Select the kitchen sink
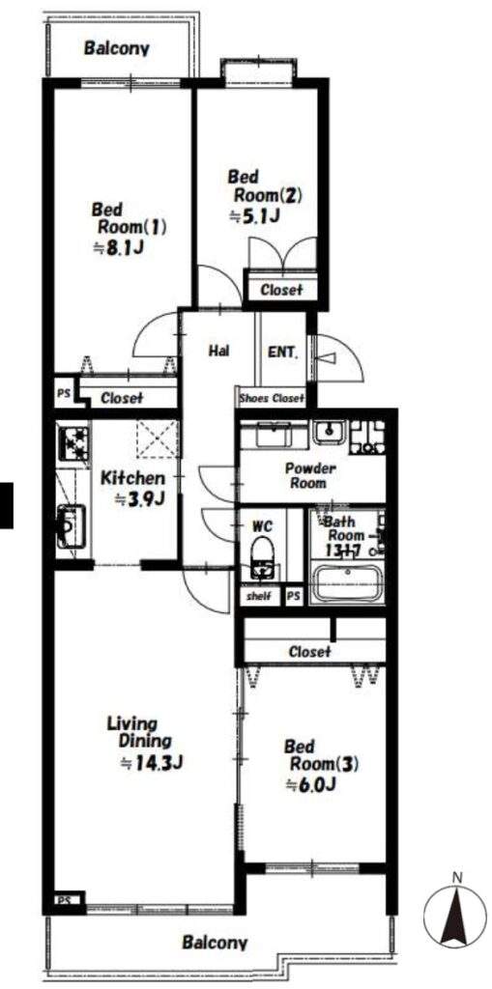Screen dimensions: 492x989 click(x=71, y=526)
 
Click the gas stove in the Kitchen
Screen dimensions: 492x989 click(x=73, y=444)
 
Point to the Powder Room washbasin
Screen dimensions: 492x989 click(x=331, y=434)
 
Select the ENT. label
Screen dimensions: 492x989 click(x=283, y=353)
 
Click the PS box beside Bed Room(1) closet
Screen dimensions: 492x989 click(x=64, y=391)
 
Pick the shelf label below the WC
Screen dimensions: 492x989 click(x=259, y=595)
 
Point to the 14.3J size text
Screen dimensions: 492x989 click(x=152, y=763)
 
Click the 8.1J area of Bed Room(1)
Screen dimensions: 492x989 click(x=119, y=247)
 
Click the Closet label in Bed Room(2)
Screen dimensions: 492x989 click(x=280, y=290)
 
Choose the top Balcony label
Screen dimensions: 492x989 click(x=117, y=48)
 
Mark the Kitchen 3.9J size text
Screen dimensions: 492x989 click(x=139, y=499)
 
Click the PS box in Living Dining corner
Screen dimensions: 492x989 click(x=64, y=899)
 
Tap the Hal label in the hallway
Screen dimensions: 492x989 click(x=217, y=350)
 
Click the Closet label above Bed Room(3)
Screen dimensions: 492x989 click(x=309, y=651)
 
